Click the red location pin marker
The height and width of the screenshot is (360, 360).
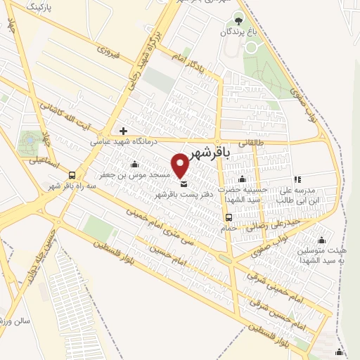coord(181,164)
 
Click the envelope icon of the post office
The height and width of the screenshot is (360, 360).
coord(184,184)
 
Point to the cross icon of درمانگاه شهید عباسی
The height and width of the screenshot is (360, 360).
coord(124,131)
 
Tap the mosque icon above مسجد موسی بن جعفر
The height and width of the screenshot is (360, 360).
coord(134,165)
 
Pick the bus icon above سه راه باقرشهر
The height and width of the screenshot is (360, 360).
coord(72,176)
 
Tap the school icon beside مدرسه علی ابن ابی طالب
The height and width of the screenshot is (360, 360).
coord(297,179)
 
